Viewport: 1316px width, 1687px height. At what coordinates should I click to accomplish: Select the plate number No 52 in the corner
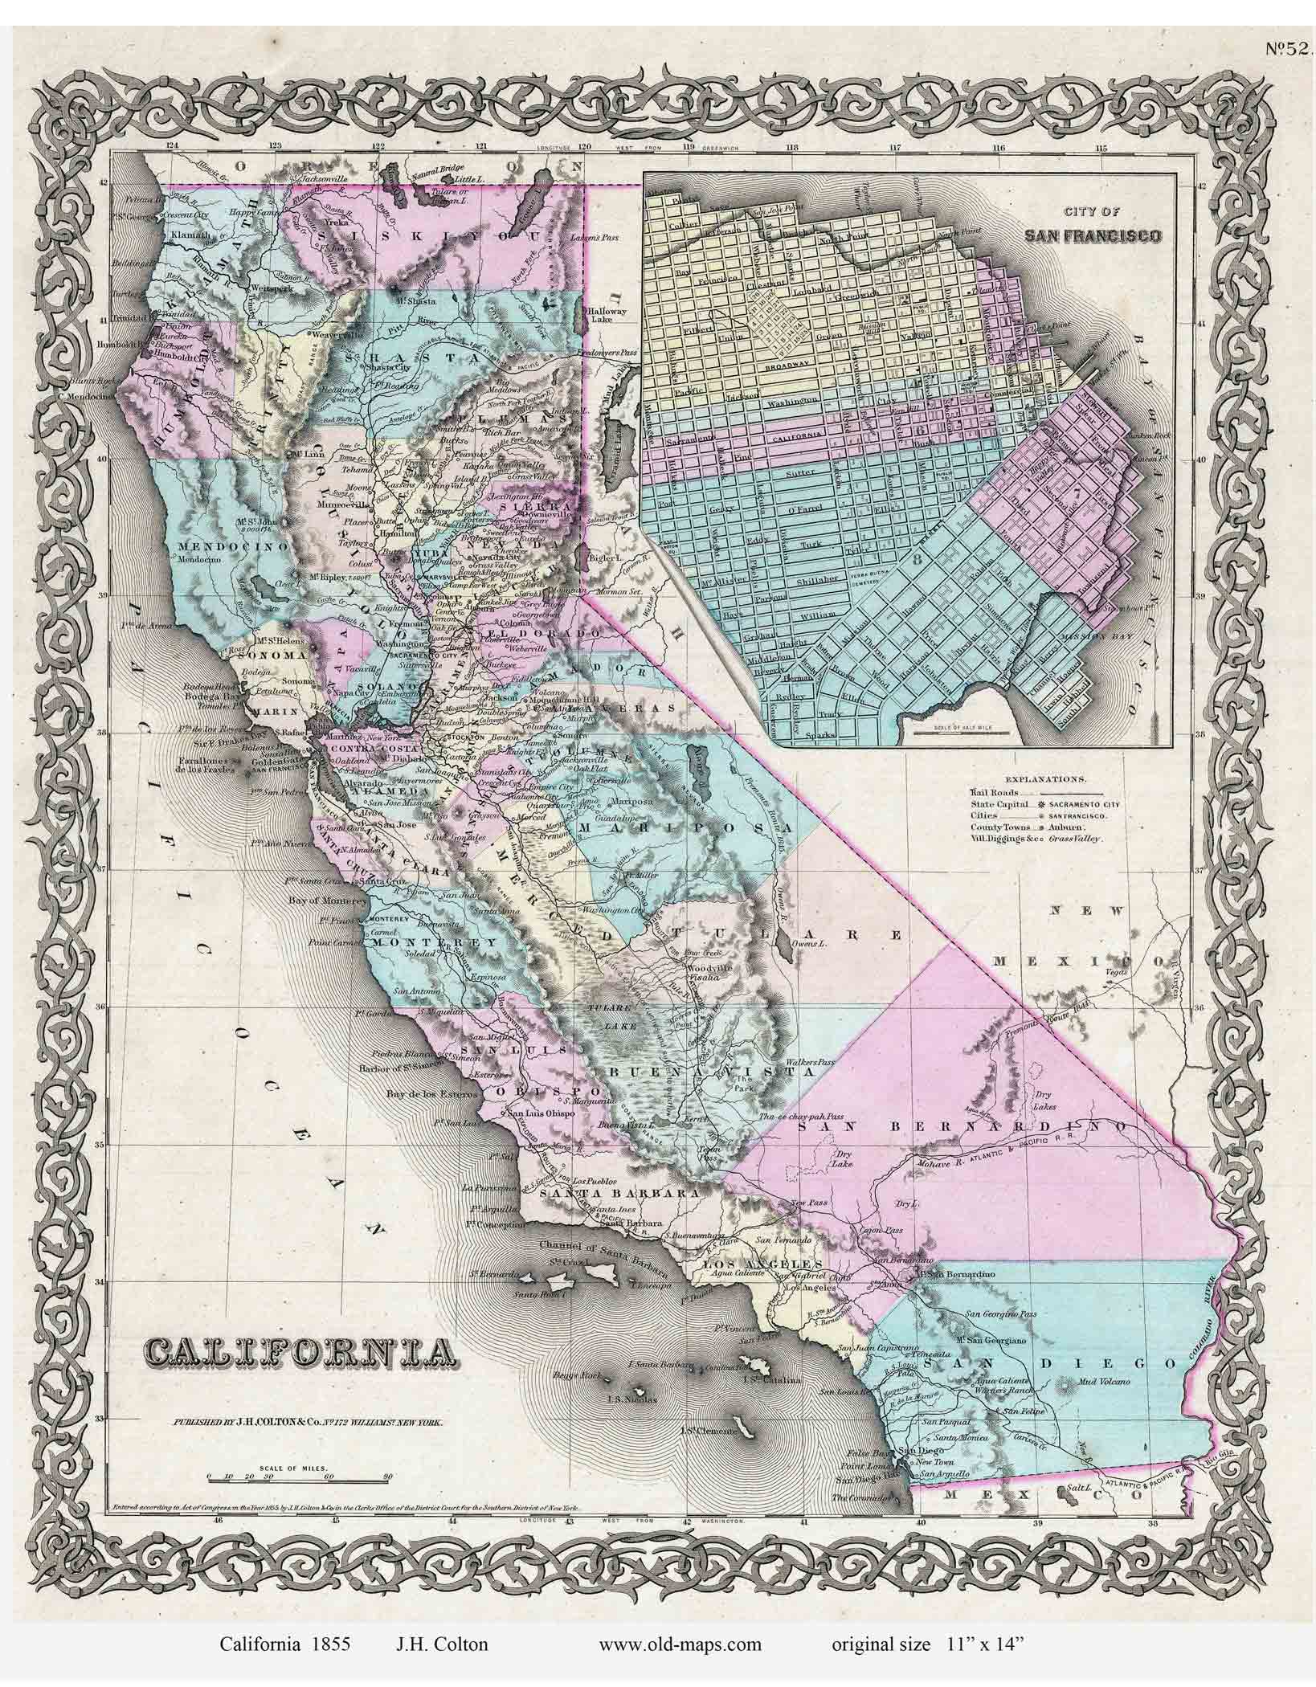pyautogui.click(x=1289, y=48)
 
